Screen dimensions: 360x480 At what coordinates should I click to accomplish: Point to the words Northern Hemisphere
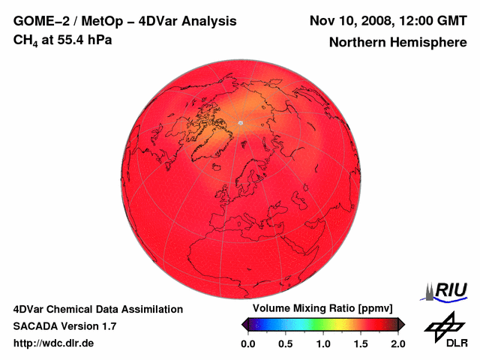(397, 43)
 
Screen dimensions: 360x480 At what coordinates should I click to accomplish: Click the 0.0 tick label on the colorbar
(248, 343)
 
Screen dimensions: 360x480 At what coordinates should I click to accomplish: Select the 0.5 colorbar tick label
(286, 343)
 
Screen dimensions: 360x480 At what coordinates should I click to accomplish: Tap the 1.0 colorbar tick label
(323, 343)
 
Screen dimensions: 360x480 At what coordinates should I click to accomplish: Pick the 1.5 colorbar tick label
(361, 343)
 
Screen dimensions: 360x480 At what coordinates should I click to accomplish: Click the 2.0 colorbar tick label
(397, 343)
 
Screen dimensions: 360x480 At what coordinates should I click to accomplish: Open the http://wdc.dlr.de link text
(54, 343)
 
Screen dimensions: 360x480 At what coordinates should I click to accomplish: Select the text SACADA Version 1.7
(64, 326)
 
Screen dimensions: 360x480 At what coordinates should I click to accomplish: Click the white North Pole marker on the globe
(240, 122)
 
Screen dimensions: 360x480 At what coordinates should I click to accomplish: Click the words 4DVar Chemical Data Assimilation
(97, 309)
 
